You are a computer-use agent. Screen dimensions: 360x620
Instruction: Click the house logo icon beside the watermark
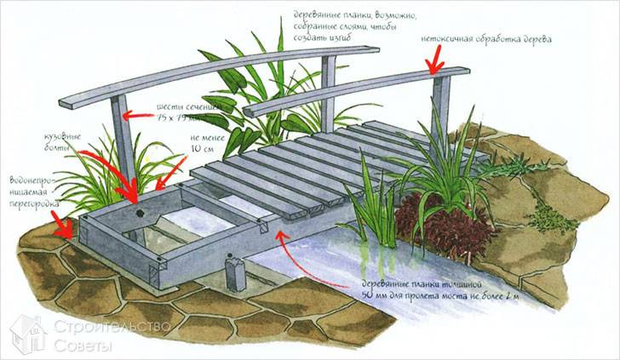coord(27,333)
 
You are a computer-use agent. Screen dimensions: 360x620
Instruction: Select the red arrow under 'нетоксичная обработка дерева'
coord(435,59)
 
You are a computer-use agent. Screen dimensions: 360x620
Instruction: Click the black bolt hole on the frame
coord(137,210)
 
